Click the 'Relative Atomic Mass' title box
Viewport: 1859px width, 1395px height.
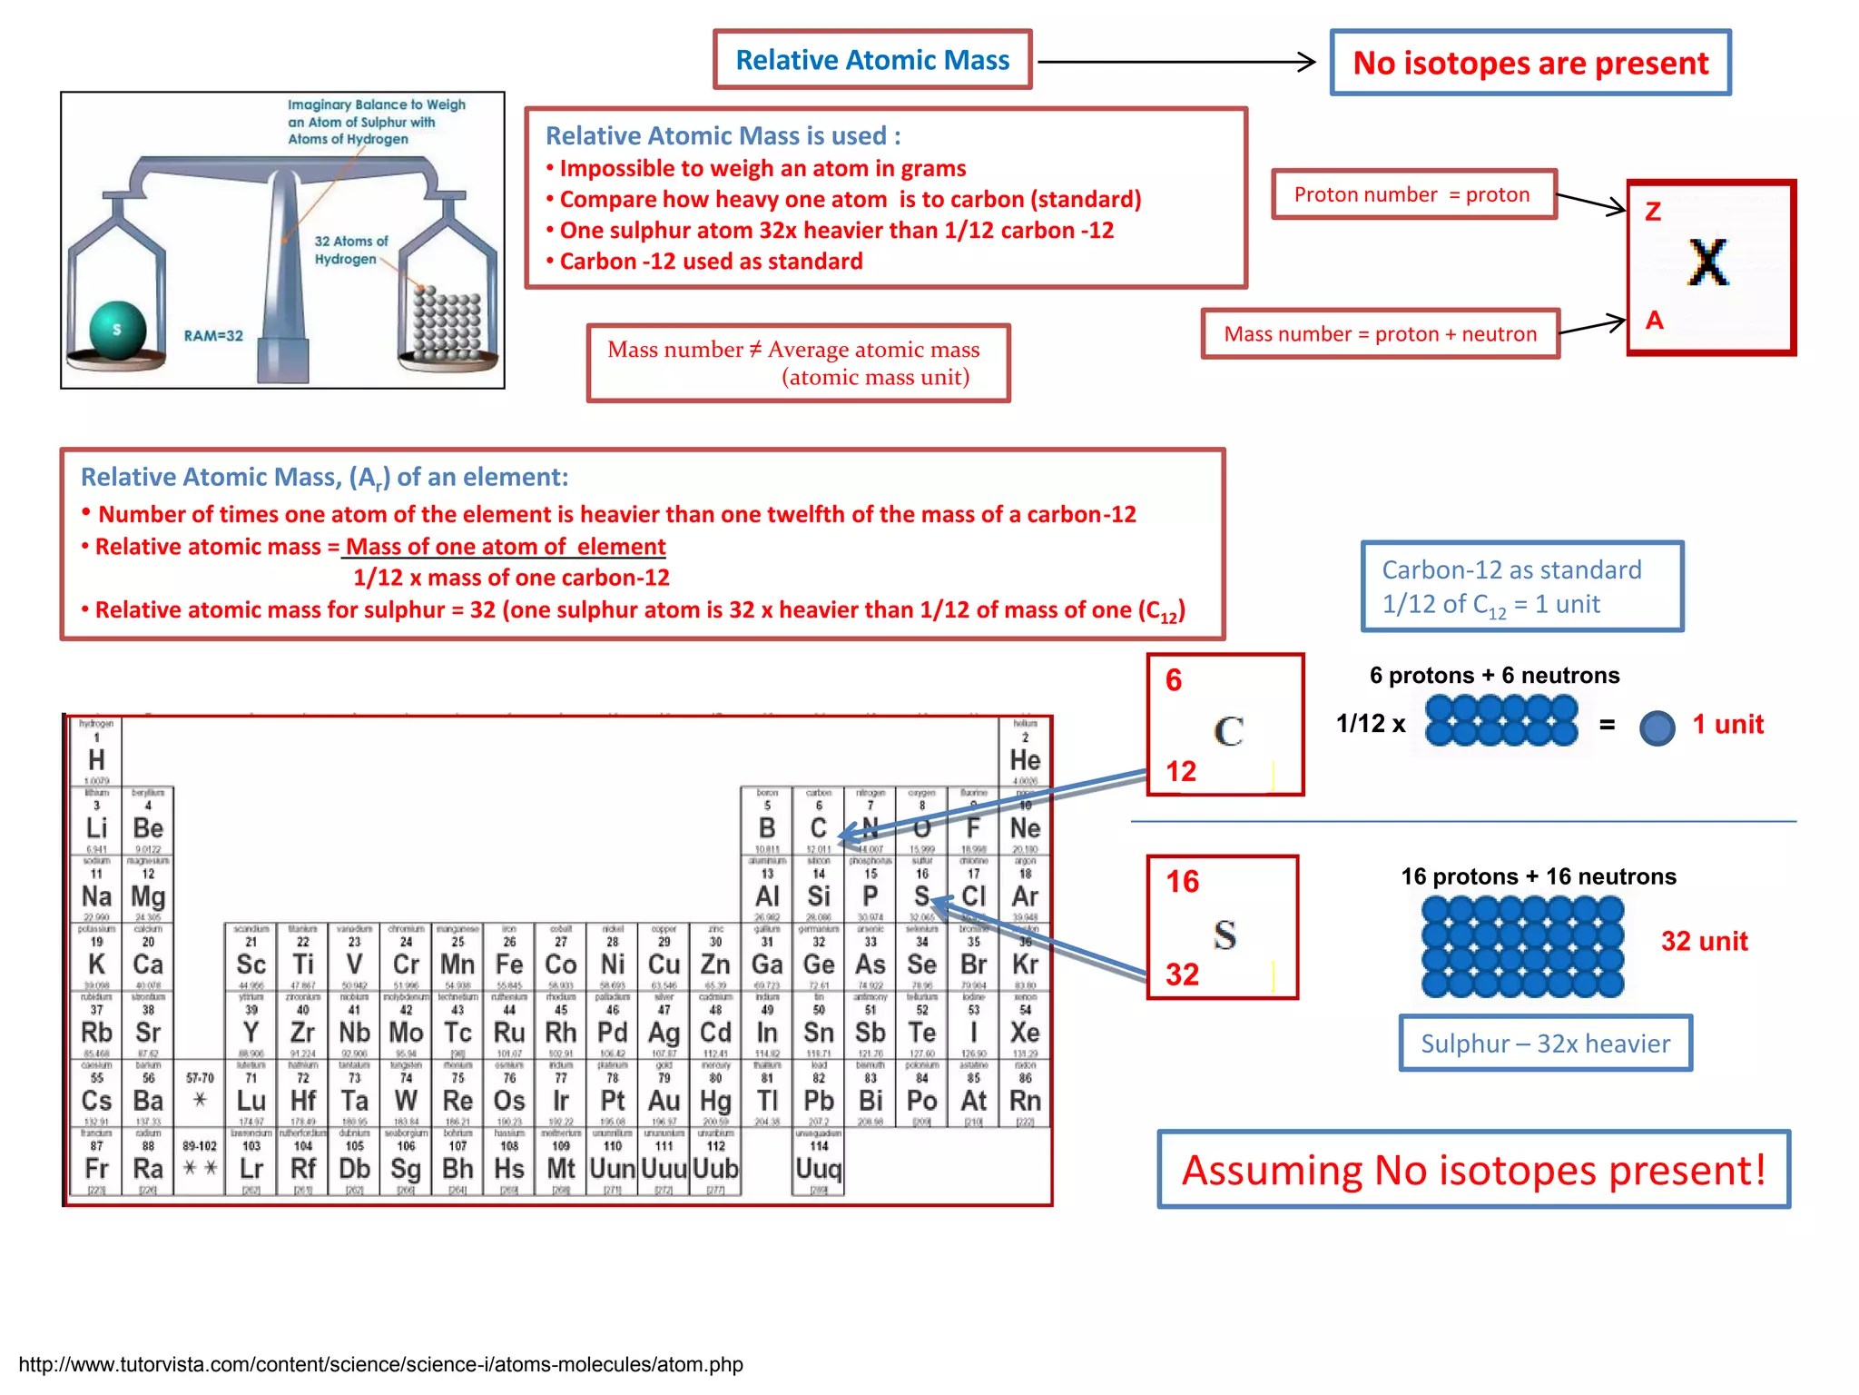[x=872, y=60]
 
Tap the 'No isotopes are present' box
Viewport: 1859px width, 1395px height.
[x=1530, y=63]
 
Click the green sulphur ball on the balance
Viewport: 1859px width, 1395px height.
[x=118, y=330]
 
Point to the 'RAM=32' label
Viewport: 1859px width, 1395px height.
[x=213, y=336]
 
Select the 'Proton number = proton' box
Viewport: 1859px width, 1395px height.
[x=1412, y=194]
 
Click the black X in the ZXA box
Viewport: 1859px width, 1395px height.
[x=1708, y=263]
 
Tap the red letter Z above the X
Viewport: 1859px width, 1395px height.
[x=1653, y=212]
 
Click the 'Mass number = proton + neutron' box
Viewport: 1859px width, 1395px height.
[x=1380, y=334]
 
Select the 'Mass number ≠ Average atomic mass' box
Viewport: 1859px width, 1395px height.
[x=797, y=363]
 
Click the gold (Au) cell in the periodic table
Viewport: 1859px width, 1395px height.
[x=664, y=1094]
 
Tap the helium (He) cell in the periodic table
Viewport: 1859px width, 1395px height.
[x=1025, y=754]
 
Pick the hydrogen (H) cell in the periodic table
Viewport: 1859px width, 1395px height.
[x=96, y=754]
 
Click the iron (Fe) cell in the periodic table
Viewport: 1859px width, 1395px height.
[x=509, y=958]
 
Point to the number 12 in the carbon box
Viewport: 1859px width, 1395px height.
[x=1181, y=771]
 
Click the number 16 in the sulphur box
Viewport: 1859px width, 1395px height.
[x=1182, y=881]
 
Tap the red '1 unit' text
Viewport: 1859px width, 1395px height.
[x=1727, y=725]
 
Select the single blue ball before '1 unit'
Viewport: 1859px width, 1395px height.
[x=1657, y=727]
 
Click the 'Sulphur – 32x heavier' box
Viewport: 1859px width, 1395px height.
[x=1545, y=1044]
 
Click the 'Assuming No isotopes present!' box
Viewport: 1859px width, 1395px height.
[x=1473, y=1170]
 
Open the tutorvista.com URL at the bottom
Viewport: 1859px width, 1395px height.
[x=380, y=1364]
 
